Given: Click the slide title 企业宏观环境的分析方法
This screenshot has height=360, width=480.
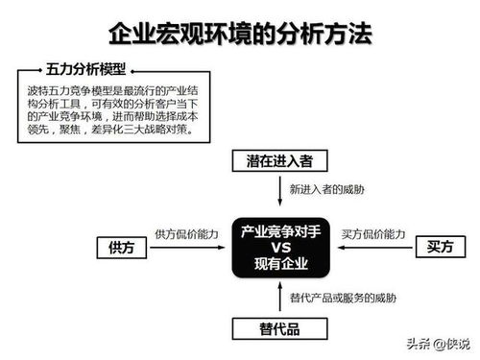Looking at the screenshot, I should [x=240, y=36].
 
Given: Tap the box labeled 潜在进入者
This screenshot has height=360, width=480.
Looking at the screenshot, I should [x=279, y=161].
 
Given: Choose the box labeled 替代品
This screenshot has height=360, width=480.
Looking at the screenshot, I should [x=279, y=330].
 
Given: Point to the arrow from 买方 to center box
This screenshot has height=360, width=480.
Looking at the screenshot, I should [x=373, y=248].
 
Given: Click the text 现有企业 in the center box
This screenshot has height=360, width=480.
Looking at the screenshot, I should [x=284, y=263].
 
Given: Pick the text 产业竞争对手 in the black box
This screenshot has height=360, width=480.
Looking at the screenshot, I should [x=284, y=231].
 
